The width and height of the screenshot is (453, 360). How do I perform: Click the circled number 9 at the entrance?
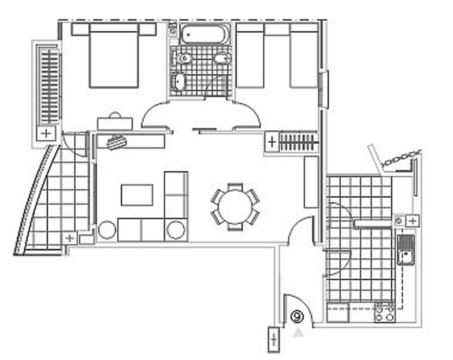[297, 317]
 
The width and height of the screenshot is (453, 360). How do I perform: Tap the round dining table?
[235, 207]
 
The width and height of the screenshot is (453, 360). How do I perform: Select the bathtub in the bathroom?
[204, 34]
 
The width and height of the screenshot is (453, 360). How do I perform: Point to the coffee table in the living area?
[137, 195]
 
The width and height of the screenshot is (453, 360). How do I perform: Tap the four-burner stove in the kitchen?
[385, 313]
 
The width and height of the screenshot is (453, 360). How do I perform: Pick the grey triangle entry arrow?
[298, 333]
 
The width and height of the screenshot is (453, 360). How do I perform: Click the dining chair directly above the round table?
[235, 187]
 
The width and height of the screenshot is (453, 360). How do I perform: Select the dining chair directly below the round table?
[235, 227]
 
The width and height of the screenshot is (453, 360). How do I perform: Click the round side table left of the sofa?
[107, 230]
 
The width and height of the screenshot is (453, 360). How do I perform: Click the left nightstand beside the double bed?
[80, 29]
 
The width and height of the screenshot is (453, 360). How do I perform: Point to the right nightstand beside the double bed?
[147, 29]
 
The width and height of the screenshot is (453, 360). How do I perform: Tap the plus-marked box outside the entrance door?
[274, 340]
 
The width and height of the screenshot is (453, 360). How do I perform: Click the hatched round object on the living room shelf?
[116, 142]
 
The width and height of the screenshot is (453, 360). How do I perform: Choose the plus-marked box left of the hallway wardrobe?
[272, 142]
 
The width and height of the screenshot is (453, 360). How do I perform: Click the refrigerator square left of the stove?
[337, 313]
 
